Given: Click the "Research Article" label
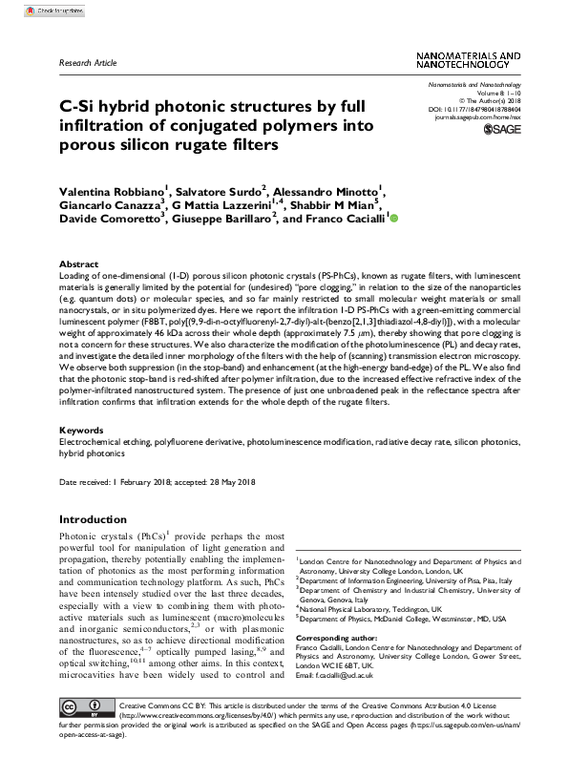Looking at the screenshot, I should point(87,63).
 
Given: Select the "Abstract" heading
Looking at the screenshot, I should point(78,263).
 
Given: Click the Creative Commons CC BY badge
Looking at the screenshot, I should point(84,732).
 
